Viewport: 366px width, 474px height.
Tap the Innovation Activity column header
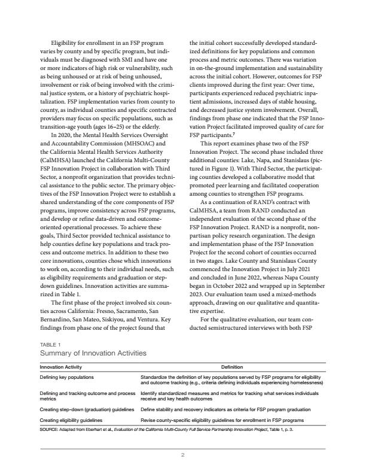tap(60, 367)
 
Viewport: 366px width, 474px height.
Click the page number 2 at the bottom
tap(182, 455)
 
